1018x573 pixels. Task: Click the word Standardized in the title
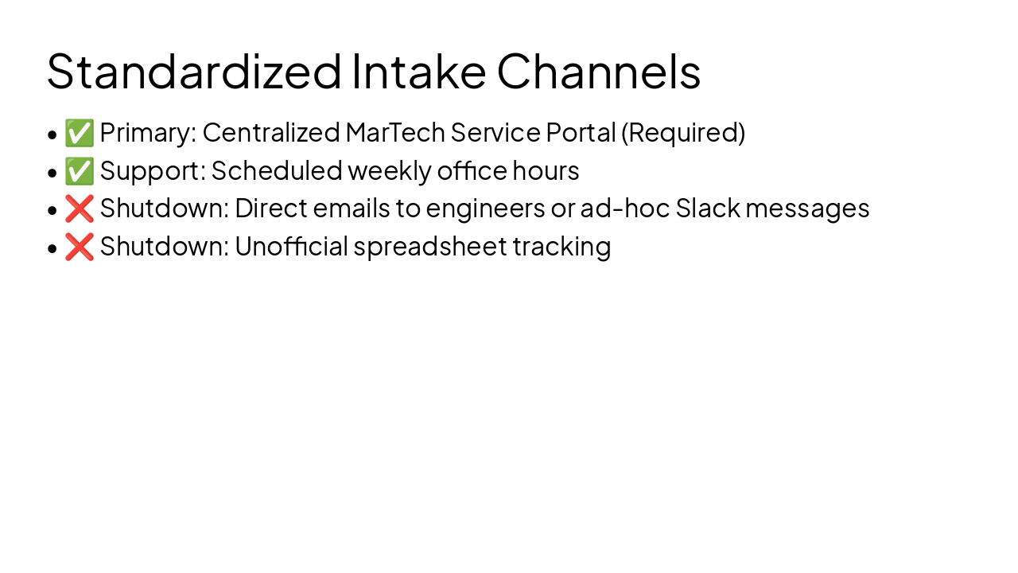pyautogui.click(x=194, y=71)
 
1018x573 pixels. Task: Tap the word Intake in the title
pyautogui.click(x=418, y=71)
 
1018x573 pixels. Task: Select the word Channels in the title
pyautogui.click(x=598, y=71)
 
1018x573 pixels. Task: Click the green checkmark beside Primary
pyautogui.click(x=80, y=133)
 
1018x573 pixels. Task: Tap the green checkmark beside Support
pyautogui.click(x=80, y=171)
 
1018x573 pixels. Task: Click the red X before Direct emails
pyautogui.click(x=80, y=209)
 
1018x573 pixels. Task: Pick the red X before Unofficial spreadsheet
pyautogui.click(x=80, y=247)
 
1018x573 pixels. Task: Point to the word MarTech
pyautogui.click(x=395, y=133)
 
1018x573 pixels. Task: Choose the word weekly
pyautogui.click(x=390, y=171)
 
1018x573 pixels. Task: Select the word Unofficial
pyautogui.click(x=291, y=247)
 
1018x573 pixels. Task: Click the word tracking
pyautogui.click(x=561, y=247)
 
